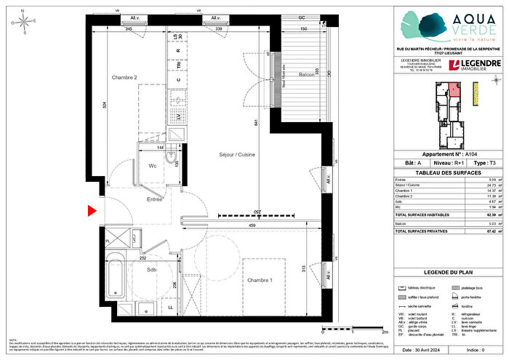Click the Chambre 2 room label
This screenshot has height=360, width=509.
click(124, 77)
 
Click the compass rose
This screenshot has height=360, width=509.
click(26, 24)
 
